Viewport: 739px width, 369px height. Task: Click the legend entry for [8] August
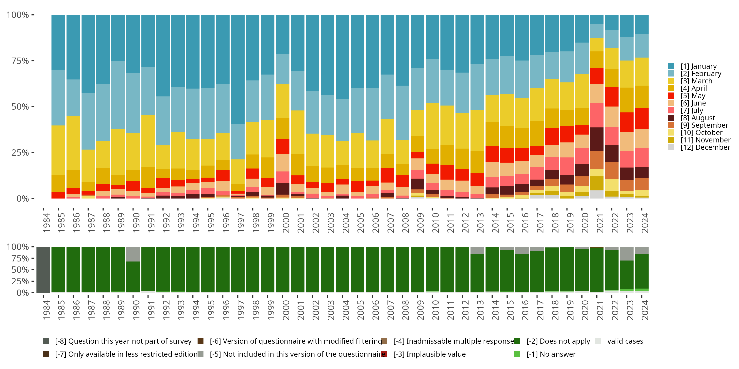(x=698, y=118)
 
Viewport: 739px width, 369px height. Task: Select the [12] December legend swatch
(x=671, y=147)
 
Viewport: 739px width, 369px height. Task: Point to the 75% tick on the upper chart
(x=20, y=61)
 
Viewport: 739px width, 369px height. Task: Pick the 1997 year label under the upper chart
(x=241, y=223)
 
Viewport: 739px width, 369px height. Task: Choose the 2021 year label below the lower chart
(x=600, y=310)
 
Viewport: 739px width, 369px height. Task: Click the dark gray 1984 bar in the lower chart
(x=43, y=270)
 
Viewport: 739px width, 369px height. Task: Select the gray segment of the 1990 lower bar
(x=133, y=254)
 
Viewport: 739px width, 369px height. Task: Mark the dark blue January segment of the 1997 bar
(x=238, y=69)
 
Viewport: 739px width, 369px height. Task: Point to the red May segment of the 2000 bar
(x=283, y=146)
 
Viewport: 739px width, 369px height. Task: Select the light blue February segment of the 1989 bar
(x=118, y=94)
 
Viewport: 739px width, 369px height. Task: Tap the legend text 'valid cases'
(x=625, y=341)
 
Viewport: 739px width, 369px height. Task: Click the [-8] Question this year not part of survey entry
(x=123, y=341)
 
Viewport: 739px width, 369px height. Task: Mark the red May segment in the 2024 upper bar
(x=642, y=118)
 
